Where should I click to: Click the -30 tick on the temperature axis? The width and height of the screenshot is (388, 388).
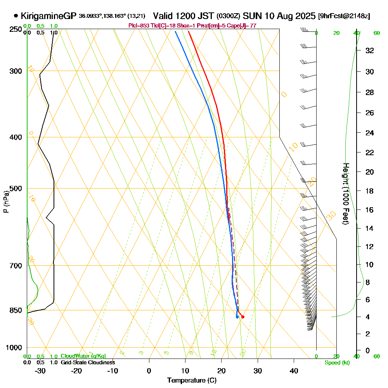[x=40, y=371]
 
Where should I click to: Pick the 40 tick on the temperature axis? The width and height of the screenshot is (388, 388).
[x=294, y=371]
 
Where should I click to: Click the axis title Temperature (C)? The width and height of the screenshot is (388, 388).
[x=192, y=381]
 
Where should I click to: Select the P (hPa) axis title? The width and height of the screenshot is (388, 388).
[x=6, y=202]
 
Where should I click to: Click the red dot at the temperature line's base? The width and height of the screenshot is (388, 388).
[x=242, y=317]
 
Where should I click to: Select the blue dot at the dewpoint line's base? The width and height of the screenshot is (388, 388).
[x=237, y=317]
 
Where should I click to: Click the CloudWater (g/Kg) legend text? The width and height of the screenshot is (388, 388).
[x=83, y=356]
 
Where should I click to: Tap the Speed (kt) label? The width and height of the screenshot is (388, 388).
[x=336, y=362]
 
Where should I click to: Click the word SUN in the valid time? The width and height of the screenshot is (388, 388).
[x=253, y=16]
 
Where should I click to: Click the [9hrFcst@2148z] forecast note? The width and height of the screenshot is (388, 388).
[x=344, y=16]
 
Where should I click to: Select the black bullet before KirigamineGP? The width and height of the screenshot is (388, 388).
[x=16, y=16]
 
